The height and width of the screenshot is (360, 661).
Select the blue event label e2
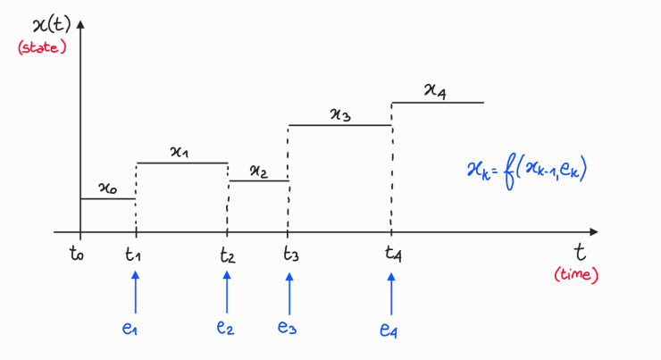click(x=225, y=328)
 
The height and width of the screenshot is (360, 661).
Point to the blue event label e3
click(x=287, y=328)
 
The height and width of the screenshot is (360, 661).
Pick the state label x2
click(x=258, y=170)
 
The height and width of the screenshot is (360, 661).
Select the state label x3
click(x=340, y=113)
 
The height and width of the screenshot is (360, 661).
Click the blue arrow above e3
click(x=289, y=291)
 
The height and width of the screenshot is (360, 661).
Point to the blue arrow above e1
click(x=136, y=291)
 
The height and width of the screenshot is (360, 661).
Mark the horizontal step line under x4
click(x=438, y=103)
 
